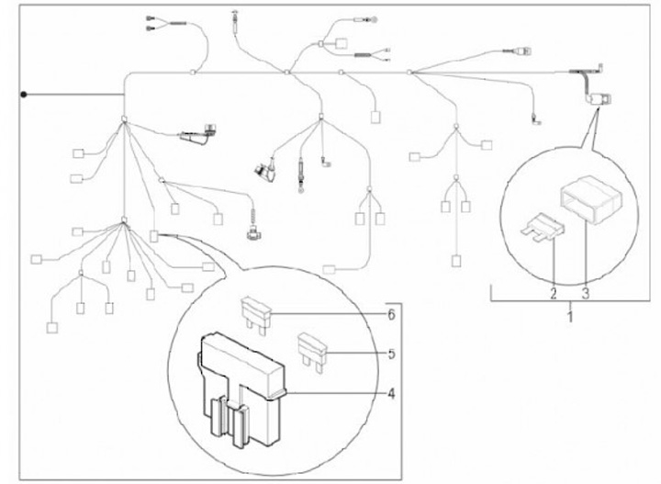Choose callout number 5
[391, 354]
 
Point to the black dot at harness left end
[26, 95]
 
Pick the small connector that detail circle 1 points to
[602, 97]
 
